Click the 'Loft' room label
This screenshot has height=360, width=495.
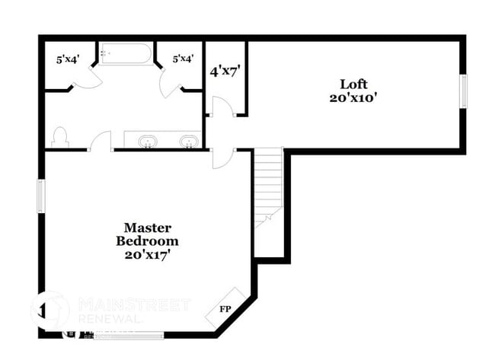click(353, 84)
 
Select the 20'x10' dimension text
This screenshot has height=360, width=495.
click(353, 97)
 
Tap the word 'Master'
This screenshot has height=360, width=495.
click(148, 228)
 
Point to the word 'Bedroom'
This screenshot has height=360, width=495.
click(148, 241)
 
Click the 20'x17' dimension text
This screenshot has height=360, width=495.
click(148, 254)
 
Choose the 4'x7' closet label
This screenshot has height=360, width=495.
click(225, 72)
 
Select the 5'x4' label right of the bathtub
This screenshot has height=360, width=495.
click(183, 59)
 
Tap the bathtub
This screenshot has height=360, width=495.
click(126, 54)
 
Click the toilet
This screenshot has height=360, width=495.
click(60, 137)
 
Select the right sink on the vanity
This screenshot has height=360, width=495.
click(187, 141)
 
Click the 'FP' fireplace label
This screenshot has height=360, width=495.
click(225, 309)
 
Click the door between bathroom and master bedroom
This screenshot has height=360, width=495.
click(101, 142)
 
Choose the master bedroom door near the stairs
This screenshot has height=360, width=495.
click(222, 157)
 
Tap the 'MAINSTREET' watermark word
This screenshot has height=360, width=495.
click(134, 305)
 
